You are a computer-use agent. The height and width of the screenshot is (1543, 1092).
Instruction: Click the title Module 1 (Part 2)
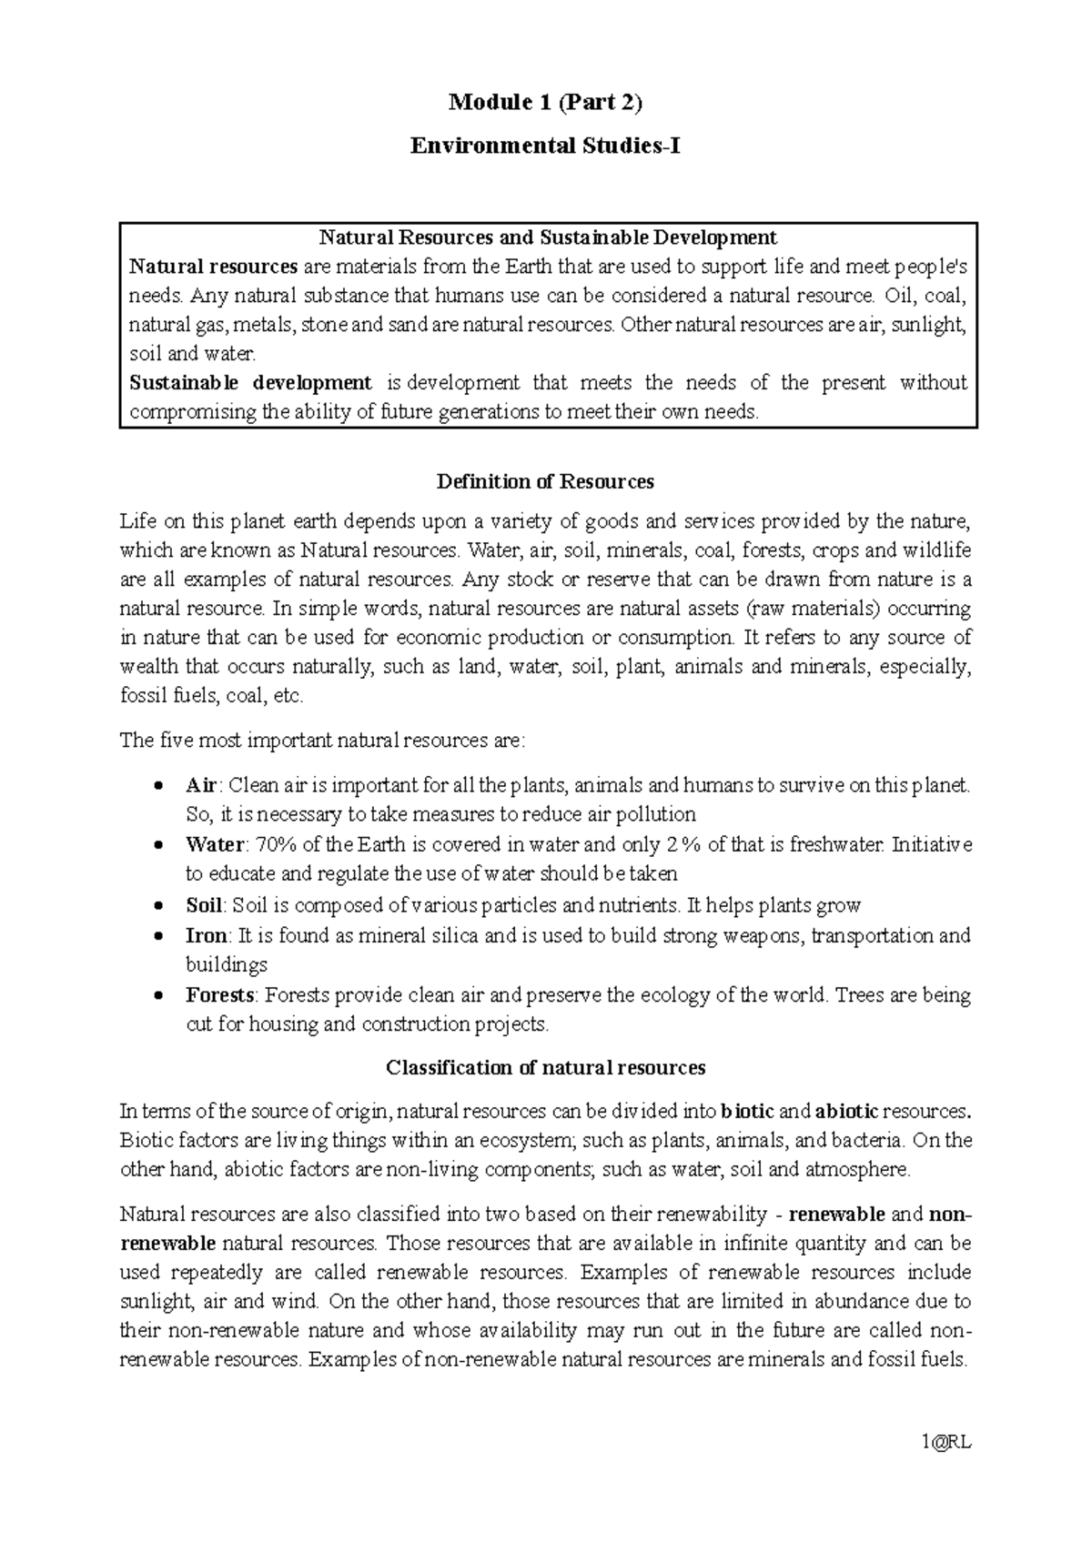545,103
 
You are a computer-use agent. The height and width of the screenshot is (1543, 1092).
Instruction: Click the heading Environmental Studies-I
545,146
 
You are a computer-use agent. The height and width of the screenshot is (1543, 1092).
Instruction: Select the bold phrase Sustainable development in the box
250,383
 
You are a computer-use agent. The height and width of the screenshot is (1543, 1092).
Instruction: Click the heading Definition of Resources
545,481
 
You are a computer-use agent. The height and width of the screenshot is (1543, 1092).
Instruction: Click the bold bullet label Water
215,844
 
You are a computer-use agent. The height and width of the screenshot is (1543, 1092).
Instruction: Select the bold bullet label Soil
204,905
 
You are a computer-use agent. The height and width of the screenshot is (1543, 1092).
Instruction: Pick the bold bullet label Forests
218,995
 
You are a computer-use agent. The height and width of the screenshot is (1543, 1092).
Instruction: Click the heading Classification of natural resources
545,1067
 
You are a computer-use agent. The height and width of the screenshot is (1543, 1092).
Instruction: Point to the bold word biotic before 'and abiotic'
747,1111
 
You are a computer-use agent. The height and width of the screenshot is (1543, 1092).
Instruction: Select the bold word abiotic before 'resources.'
846,1111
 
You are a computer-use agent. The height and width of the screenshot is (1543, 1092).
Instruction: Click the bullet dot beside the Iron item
159,936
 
